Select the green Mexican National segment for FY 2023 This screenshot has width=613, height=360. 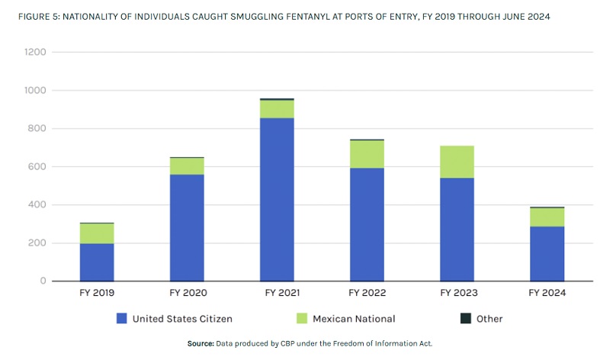click(456, 162)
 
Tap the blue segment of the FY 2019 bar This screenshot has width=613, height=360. click(97, 262)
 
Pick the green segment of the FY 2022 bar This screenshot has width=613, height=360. click(367, 154)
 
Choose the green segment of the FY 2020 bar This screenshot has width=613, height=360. click(187, 166)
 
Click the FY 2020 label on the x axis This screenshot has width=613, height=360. click(187, 293)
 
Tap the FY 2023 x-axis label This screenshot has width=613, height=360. click(456, 293)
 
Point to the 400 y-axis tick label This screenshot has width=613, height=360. click(36, 205)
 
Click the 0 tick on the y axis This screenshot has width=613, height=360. click(43, 281)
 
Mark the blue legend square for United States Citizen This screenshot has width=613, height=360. click(121, 318)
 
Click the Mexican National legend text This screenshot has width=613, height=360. click(355, 319)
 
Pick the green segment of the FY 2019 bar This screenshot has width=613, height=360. click(97, 233)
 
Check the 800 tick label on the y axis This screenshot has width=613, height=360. click(36, 129)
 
